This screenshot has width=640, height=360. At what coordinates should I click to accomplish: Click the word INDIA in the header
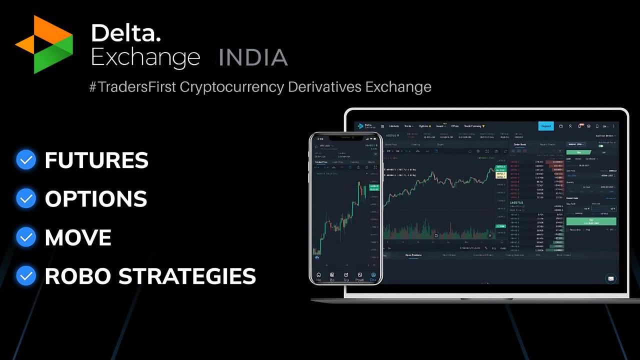tap(253, 58)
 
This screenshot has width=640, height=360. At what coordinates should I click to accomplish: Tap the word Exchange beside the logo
tap(145, 58)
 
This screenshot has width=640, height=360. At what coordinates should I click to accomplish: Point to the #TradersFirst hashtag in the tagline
tap(132, 87)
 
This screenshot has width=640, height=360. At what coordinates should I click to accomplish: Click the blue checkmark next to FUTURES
tap(26, 160)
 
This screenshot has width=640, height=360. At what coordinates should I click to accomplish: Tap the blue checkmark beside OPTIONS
tap(26, 199)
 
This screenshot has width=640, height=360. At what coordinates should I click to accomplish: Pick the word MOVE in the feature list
tap(78, 237)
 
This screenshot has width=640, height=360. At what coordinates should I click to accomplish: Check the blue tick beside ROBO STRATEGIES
tap(26, 276)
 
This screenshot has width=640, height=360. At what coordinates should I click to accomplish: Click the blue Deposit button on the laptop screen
tap(546, 126)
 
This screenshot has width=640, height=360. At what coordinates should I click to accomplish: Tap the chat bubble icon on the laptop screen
tap(610, 278)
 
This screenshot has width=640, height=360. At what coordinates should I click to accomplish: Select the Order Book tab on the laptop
tap(519, 144)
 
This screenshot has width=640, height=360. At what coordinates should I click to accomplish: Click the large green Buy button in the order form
tap(591, 220)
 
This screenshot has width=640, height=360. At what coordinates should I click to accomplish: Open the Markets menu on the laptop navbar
tap(394, 126)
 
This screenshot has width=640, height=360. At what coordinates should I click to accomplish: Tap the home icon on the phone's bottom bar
tap(318, 275)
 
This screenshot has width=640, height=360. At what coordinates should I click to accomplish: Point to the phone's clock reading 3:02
tap(320, 138)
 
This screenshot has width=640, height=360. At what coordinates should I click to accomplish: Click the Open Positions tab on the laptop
tap(413, 255)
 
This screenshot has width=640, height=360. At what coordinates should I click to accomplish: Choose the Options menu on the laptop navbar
tap(424, 126)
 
